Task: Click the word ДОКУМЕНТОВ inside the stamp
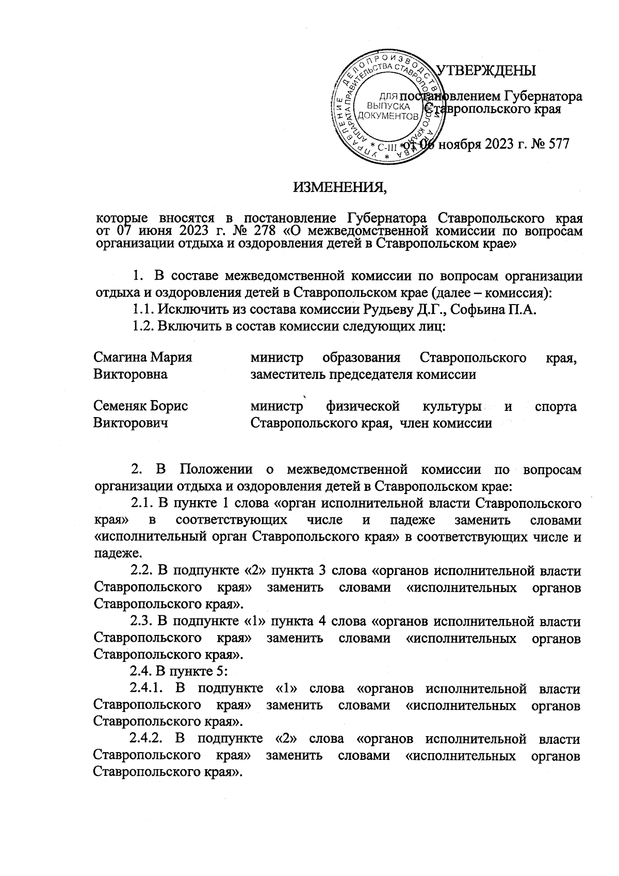387,117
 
